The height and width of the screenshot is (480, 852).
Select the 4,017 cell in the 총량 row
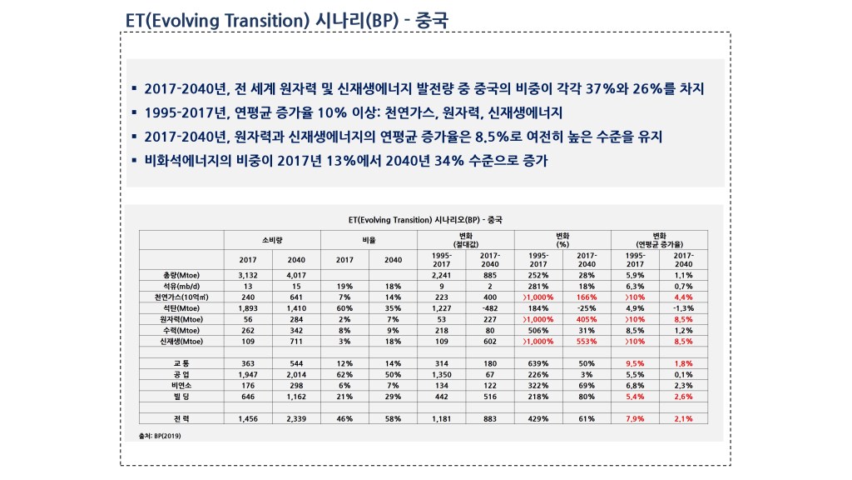click(x=296, y=274)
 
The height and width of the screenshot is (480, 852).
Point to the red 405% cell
click(x=587, y=319)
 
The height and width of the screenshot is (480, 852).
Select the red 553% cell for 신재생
click(x=587, y=342)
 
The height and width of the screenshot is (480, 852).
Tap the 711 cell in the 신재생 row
click(x=296, y=342)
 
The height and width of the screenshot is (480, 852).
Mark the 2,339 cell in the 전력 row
click(x=296, y=418)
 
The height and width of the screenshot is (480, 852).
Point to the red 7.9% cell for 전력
click(x=634, y=418)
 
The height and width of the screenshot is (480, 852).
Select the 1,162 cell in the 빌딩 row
click(x=296, y=397)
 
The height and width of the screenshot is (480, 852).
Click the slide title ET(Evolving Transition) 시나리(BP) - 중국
click(x=286, y=19)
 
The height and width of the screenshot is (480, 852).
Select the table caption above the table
click(x=424, y=219)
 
